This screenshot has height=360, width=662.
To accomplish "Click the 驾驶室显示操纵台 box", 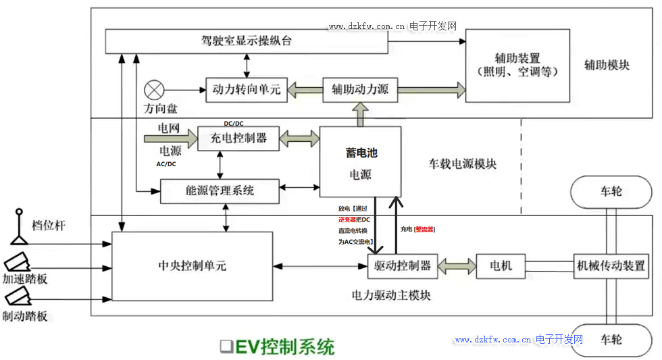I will tap(247, 41).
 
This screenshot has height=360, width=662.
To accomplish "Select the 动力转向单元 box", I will tap(246, 89).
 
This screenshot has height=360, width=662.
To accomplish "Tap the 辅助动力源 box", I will tap(360, 89).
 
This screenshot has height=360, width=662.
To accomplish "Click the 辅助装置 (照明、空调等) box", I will tap(517, 66).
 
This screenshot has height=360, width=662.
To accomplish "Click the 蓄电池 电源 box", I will tap(361, 162).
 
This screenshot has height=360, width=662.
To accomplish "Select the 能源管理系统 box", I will tap(220, 190).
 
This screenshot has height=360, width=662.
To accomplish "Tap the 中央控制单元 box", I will tap(193, 266).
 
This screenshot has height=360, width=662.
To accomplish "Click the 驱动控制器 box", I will tap(403, 265).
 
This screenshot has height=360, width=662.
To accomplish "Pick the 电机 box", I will tap(501, 265).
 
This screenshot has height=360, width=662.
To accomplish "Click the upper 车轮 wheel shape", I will tap(611, 192).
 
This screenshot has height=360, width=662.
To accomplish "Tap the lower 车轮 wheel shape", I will tap(611, 340).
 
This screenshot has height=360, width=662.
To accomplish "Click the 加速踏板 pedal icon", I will tap(18, 263).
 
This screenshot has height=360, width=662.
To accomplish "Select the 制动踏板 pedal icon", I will tap(18, 298).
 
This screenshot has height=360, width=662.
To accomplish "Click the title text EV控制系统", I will tap(284, 347).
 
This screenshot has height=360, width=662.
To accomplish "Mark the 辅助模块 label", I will tap(607, 66).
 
